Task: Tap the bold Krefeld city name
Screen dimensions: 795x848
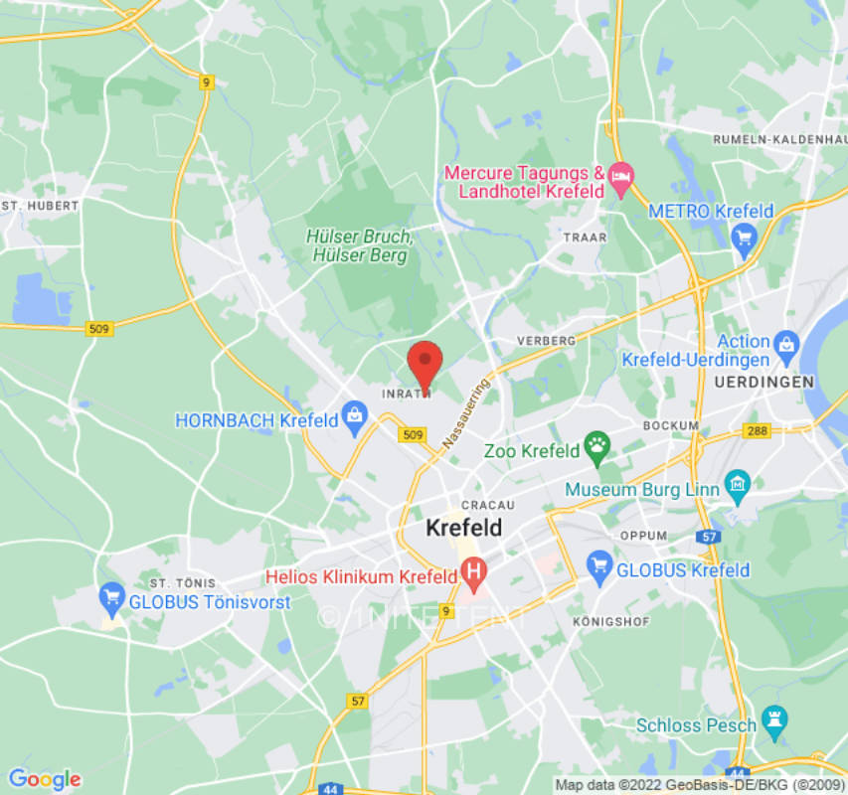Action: (464, 528)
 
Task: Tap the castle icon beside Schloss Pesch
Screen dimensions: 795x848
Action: (773, 719)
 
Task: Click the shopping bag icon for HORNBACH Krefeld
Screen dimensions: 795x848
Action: (355, 417)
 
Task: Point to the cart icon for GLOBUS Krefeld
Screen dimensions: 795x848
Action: (598, 566)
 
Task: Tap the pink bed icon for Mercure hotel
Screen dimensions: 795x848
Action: (621, 180)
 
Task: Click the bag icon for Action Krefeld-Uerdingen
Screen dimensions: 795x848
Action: (786, 344)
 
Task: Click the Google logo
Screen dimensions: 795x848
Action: (44, 779)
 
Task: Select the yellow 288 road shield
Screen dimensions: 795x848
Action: (757, 431)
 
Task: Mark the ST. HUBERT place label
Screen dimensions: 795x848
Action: (41, 205)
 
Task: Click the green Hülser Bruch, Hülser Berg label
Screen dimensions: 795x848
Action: (359, 245)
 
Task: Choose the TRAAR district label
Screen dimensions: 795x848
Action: (584, 238)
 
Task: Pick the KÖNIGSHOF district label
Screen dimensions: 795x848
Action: (611, 621)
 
